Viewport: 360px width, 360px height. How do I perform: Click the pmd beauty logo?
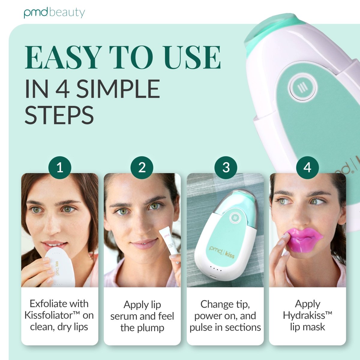coord(54,13)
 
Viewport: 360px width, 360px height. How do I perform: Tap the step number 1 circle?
coord(60,168)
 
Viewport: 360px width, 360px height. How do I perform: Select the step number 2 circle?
coord(142,168)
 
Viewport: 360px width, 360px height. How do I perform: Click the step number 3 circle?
coord(226,168)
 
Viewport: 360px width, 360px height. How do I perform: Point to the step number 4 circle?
coord(307,168)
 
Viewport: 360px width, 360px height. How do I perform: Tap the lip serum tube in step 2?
coord(169,247)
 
